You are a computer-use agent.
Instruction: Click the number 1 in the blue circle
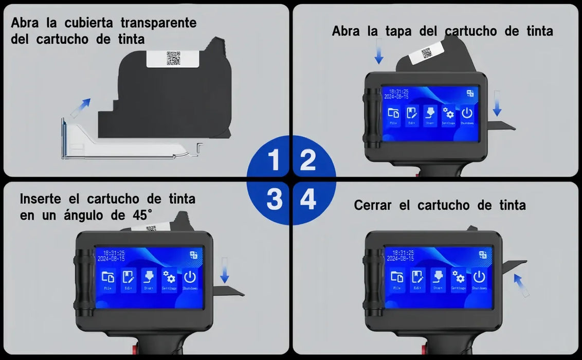coord(274,160)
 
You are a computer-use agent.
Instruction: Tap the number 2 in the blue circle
coord(307,160)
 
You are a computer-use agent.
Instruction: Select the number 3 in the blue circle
coord(274,200)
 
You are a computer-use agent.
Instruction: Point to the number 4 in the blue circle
coord(307,200)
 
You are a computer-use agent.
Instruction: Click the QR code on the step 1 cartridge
coord(173,58)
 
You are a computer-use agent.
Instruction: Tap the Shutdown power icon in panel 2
coord(467,114)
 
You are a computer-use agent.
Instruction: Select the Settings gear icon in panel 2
coord(448,114)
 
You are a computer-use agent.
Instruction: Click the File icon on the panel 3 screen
coord(108,278)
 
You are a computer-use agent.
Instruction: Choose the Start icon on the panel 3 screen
coord(149,278)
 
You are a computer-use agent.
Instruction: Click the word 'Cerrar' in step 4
coord(374,206)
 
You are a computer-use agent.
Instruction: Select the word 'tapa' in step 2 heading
coord(399,31)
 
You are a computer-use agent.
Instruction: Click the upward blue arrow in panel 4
coord(521,285)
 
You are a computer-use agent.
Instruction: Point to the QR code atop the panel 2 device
coord(426,53)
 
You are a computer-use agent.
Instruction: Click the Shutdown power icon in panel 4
coord(479,277)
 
